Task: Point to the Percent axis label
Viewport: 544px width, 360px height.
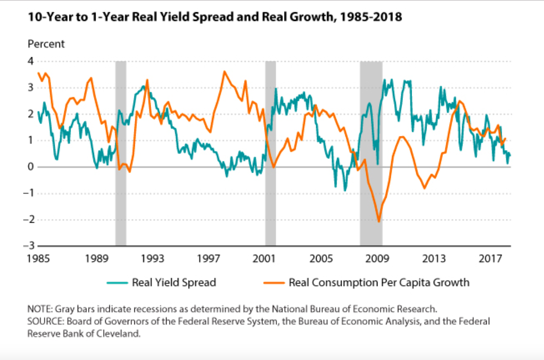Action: click(x=46, y=44)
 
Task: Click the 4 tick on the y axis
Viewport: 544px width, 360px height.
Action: click(x=31, y=61)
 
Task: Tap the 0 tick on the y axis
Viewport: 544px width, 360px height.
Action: click(x=31, y=167)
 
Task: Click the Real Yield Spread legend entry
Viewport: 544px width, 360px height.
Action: click(x=174, y=282)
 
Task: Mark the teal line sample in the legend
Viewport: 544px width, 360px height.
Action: click(x=116, y=282)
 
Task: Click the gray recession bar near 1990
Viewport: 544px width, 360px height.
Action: click(x=121, y=153)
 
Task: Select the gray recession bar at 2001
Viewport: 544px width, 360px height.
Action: click(x=270, y=153)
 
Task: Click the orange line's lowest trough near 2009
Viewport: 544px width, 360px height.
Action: click(x=379, y=222)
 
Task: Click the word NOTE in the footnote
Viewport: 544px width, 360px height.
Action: click(x=38, y=310)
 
